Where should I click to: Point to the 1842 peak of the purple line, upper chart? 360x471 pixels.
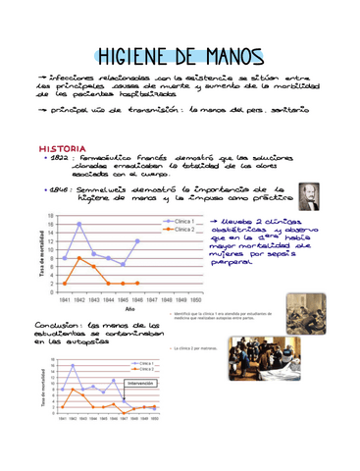79,224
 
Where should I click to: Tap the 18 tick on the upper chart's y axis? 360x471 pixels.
51,215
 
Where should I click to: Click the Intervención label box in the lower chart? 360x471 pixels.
141,383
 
